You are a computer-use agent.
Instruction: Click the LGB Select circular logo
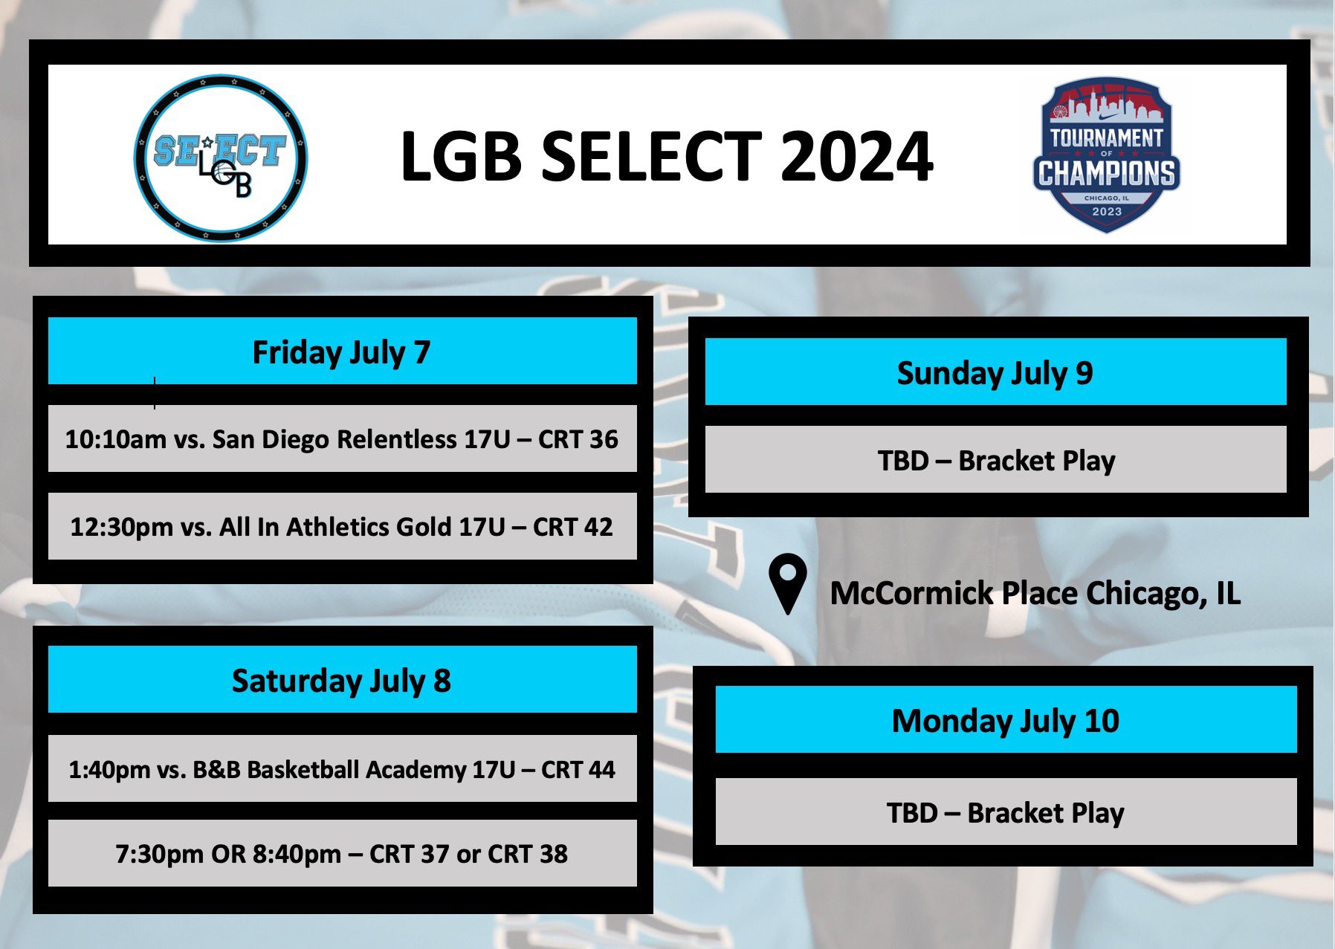(x=221, y=158)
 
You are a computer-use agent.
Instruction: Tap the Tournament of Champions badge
(x=1106, y=155)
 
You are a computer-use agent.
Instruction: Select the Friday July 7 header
(x=342, y=352)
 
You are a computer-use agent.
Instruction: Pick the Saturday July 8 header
(x=342, y=680)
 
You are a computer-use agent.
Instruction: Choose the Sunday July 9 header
(x=995, y=372)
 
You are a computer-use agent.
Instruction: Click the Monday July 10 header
(x=1006, y=720)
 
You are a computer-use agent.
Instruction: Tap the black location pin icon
(x=788, y=584)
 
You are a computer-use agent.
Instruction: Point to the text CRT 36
(x=578, y=439)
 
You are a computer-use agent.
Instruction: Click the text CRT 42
(x=572, y=527)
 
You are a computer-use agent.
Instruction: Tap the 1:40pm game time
(x=109, y=769)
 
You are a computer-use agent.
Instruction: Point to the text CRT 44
(x=578, y=769)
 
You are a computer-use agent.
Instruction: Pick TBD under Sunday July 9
(x=903, y=461)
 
